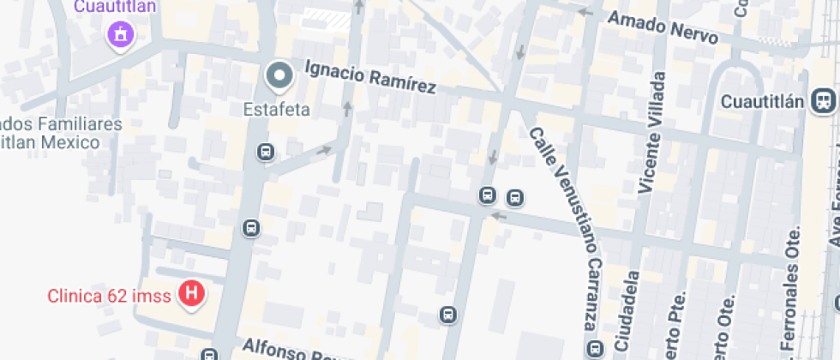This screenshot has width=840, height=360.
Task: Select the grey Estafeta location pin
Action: click(279, 77)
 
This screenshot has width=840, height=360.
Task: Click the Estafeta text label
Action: click(277, 110)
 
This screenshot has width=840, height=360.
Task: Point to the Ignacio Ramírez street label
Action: click(370, 76)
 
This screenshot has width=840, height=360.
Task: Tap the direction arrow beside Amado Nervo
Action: click(585, 12)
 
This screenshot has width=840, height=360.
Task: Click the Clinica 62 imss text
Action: click(110, 297)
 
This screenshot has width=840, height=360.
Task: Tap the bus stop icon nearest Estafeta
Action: click(265, 152)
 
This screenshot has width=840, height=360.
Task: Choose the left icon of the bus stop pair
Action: click(487, 195)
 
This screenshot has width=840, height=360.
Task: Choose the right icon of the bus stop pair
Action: click(514, 198)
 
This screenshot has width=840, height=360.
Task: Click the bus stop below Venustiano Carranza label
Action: click(594, 349)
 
